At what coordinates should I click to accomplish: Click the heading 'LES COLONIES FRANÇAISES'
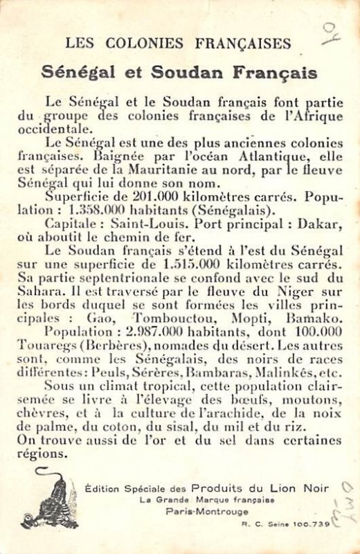179,44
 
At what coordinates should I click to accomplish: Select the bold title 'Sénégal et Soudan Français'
179,72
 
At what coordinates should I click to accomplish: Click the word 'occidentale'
53,129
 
